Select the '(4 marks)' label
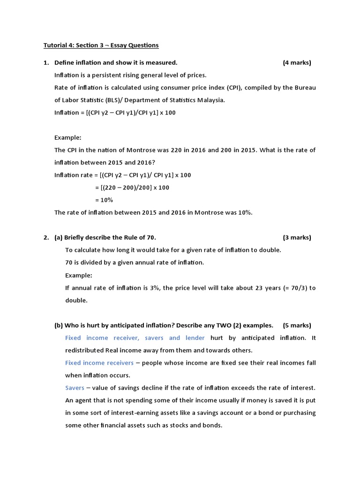297,63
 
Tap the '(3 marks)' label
297,238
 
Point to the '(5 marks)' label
297,325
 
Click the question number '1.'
46,63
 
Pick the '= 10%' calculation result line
104,200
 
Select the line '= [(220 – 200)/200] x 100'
132,187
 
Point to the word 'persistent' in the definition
101,75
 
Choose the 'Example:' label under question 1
67,138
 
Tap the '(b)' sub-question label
59,325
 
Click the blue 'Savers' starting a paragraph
75,388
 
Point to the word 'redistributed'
84,350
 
